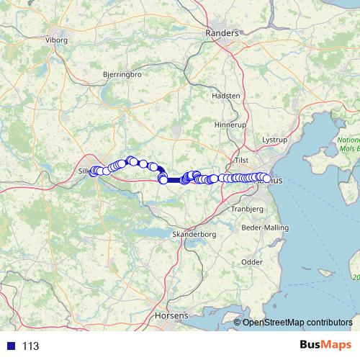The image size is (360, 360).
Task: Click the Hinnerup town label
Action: (230, 125)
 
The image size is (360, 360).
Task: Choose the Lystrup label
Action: (274, 138)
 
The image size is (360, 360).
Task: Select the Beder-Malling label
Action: (265, 228)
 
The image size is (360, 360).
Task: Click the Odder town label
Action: (252, 262)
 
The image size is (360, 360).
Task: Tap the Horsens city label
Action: (171, 315)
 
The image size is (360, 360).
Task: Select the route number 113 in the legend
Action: (30, 346)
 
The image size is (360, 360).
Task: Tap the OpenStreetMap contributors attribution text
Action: (297, 322)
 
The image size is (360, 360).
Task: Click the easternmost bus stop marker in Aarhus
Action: (267, 179)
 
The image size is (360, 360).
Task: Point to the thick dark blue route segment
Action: (174, 180)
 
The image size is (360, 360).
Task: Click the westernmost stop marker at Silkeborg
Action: (92, 171)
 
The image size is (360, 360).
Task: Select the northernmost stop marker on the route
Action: (130, 160)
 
